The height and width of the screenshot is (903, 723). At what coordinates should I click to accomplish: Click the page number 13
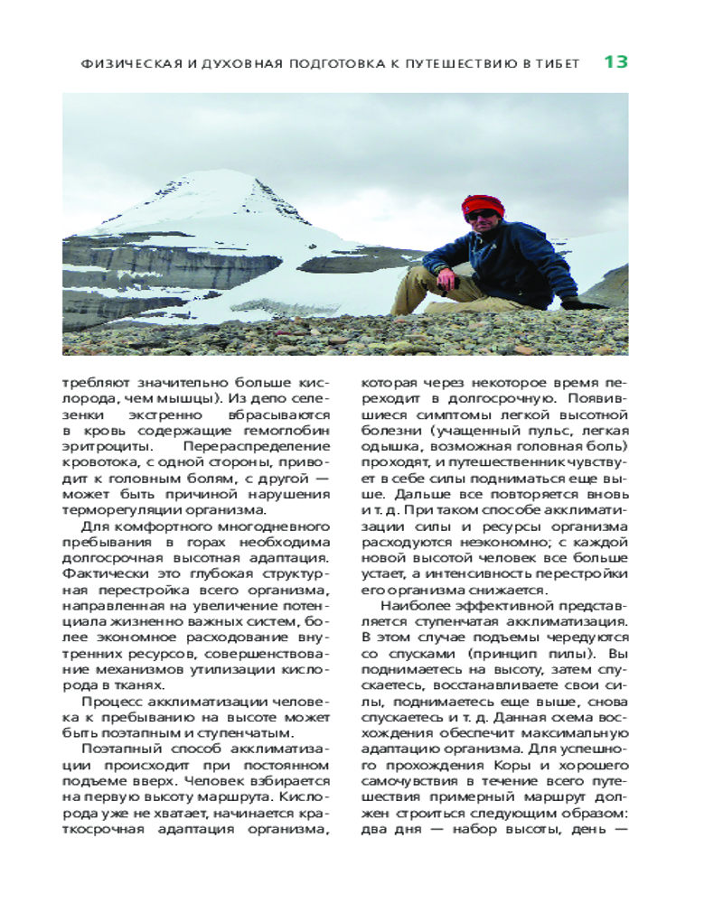click(x=615, y=62)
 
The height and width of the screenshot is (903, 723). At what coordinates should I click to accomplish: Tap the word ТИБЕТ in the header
click(x=568, y=64)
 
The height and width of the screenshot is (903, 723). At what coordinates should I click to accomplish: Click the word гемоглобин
click(x=289, y=430)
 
